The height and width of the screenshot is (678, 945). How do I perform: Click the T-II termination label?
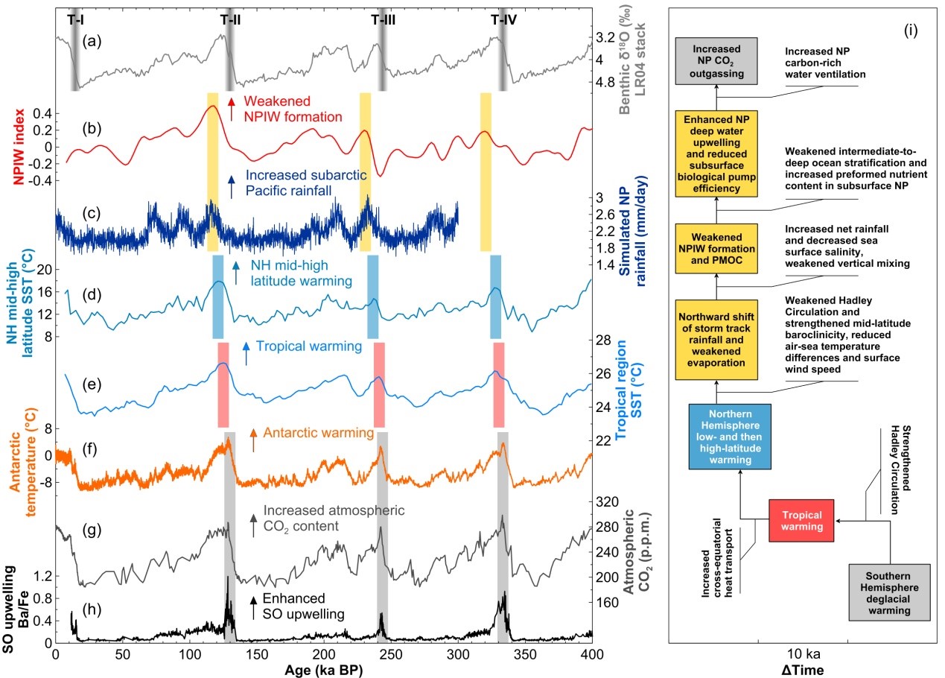[x=231, y=20]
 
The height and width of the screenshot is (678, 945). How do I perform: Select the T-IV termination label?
[x=504, y=20]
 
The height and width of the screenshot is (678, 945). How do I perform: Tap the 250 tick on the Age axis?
[x=190, y=653]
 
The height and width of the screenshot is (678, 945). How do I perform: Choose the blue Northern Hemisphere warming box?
[x=729, y=437]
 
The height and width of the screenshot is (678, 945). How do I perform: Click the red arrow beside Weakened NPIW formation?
[x=232, y=109]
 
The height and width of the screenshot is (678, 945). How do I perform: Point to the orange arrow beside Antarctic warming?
[x=253, y=440]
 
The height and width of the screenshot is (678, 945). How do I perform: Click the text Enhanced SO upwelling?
[x=298, y=606]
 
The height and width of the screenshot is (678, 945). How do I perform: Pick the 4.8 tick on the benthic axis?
[x=612, y=83]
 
